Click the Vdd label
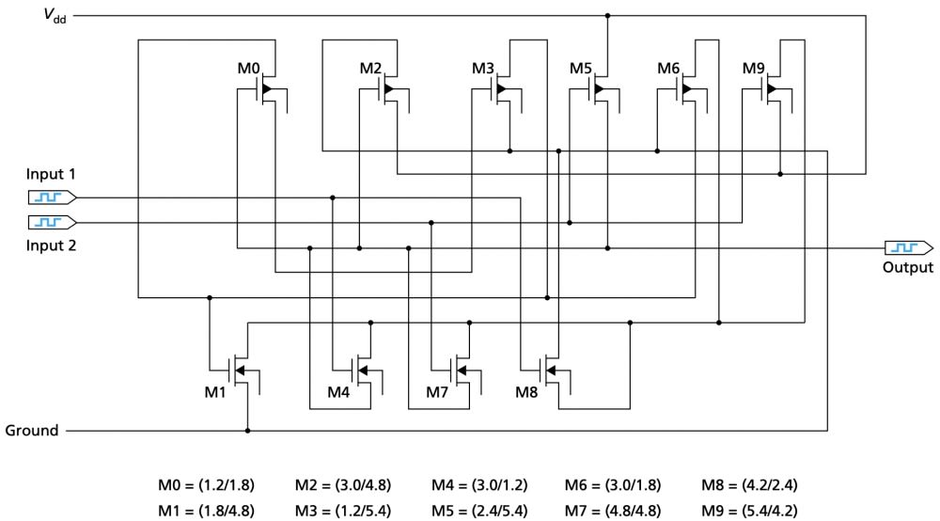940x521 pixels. tap(55, 15)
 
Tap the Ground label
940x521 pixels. tap(32, 431)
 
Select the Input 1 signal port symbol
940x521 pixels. tap(52, 197)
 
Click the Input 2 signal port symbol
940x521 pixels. tap(52, 223)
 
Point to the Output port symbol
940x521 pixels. tap(909, 247)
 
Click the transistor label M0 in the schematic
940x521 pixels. tap(249, 69)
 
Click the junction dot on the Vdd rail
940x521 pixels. tap(607, 16)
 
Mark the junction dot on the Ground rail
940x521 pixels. tap(247, 431)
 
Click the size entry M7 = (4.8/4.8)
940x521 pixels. tap(613, 511)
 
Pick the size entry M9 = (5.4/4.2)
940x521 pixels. tap(749, 511)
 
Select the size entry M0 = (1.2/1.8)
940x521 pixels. tap(206, 484)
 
